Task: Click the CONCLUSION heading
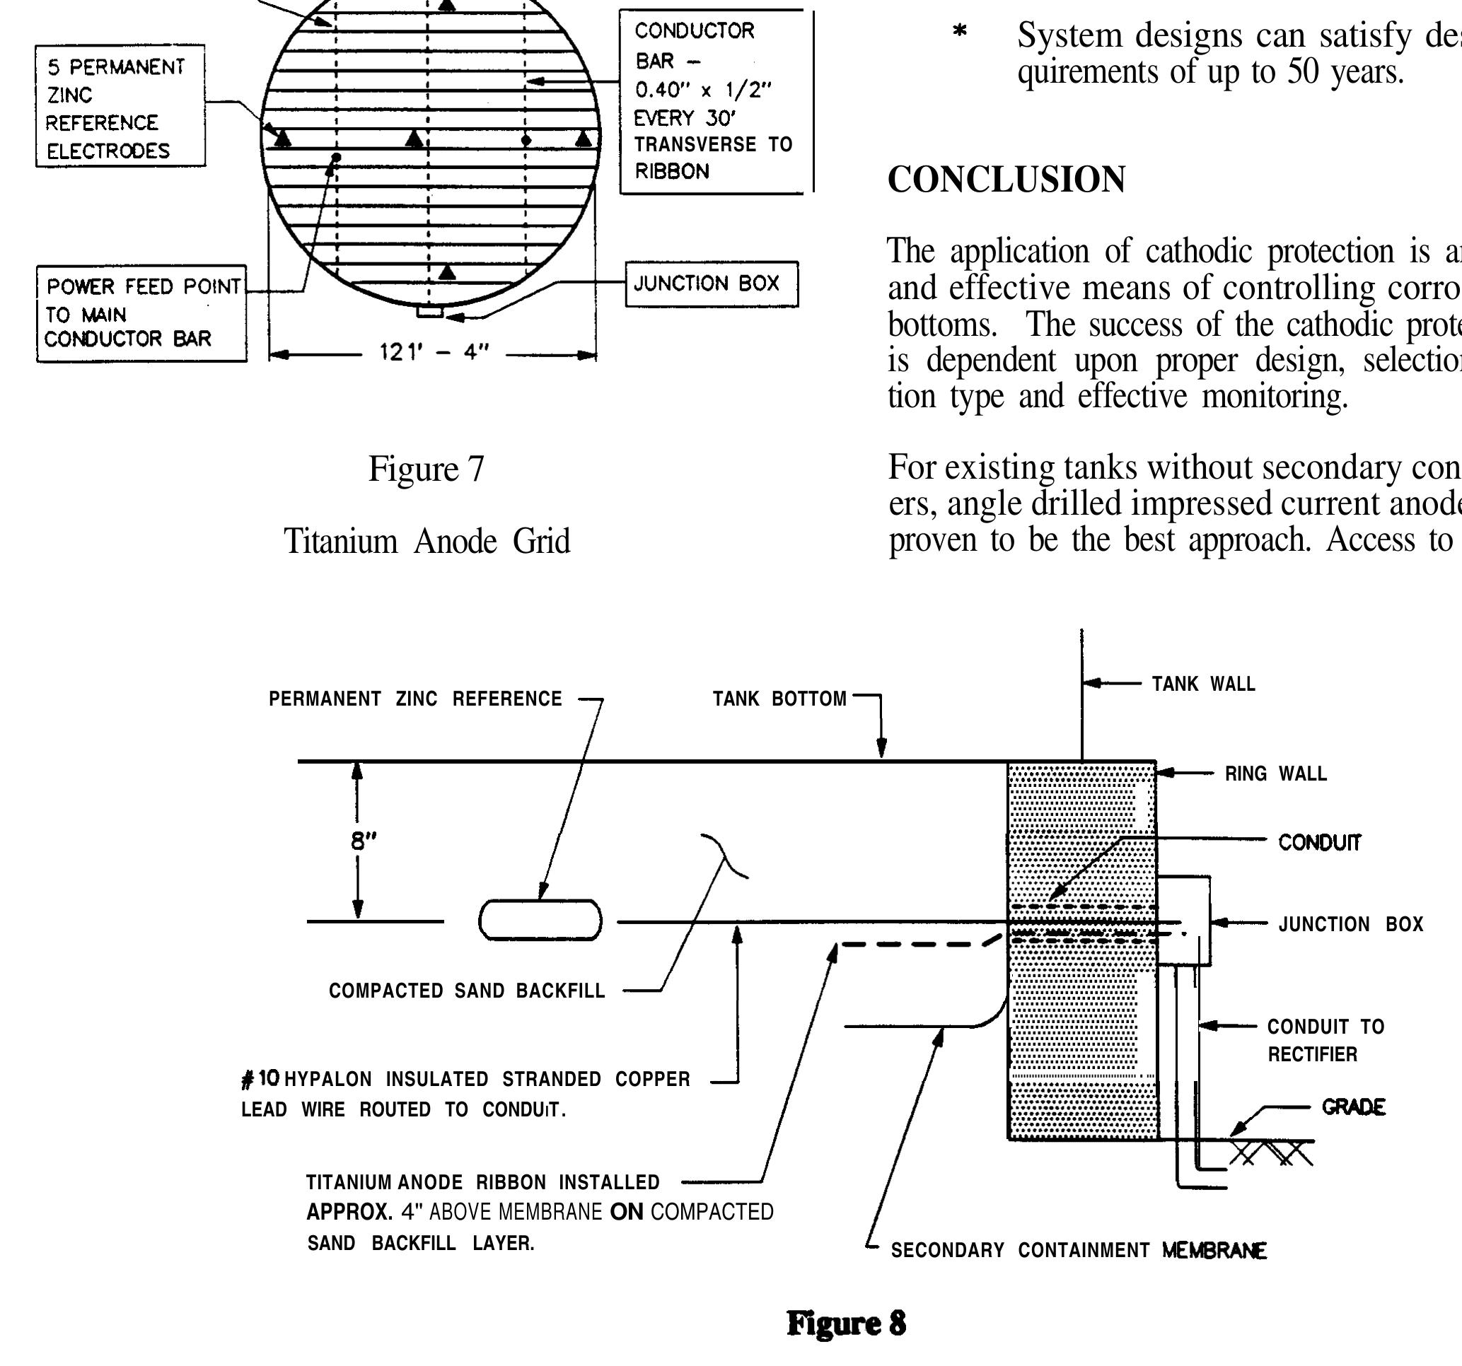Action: tap(1005, 180)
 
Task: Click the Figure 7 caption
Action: tap(426, 469)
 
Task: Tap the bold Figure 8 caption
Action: tap(846, 1324)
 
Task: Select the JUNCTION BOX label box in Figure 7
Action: tap(711, 284)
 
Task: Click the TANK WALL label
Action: tap(1203, 684)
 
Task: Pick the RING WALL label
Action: tap(1275, 774)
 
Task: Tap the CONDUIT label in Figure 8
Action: tap(1319, 843)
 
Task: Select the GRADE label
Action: tap(1353, 1107)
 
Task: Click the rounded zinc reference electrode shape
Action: tap(540, 921)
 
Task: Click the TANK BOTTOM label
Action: tap(779, 699)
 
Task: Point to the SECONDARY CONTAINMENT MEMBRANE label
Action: tap(1078, 1251)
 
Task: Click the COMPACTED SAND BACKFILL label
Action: tap(466, 991)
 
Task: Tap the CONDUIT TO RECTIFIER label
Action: tap(1325, 1040)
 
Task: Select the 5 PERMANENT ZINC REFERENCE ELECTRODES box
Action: tap(120, 107)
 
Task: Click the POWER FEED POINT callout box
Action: tap(141, 313)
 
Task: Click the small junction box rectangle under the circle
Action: tap(429, 313)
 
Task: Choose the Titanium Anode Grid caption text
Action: tap(427, 542)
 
